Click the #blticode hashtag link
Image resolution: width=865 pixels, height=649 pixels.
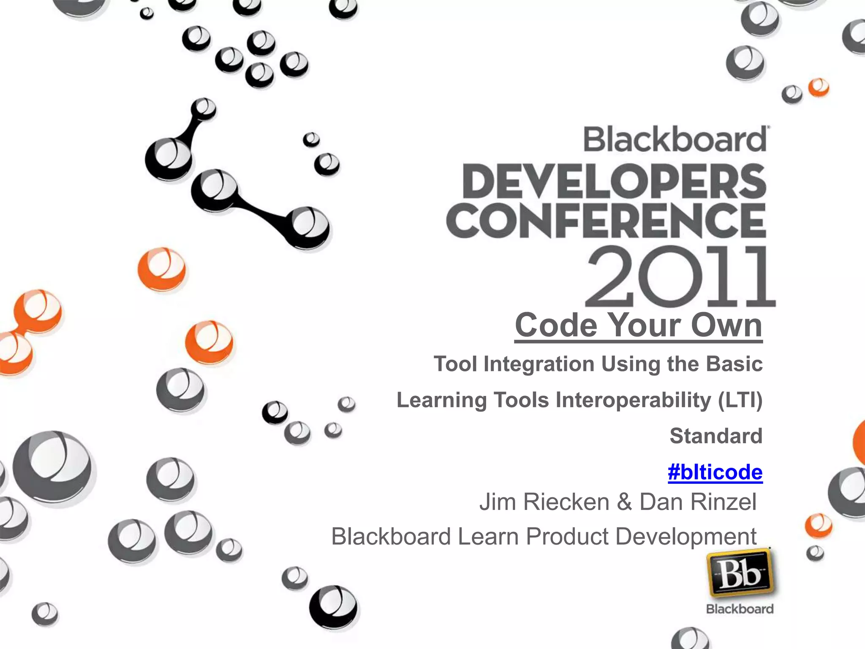(x=715, y=472)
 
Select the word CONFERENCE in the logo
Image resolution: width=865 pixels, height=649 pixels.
(x=606, y=221)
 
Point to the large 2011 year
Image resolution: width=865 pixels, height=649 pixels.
(x=680, y=277)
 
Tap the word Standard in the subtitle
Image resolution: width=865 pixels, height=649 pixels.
(x=716, y=436)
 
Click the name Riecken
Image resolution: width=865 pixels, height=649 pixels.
(x=566, y=502)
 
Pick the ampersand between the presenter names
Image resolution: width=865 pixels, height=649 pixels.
(x=624, y=502)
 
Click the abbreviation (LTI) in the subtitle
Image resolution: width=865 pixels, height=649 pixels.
(x=740, y=400)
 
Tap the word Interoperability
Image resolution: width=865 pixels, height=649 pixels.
(x=633, y=400)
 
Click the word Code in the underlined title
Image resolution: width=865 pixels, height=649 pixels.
(x=556, y=325)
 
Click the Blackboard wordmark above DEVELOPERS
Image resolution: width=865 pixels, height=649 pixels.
(x=675, y=139)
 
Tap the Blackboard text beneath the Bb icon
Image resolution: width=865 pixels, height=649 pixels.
(x=740, y=609)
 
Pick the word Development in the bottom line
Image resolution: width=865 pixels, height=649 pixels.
(x=686, y=537)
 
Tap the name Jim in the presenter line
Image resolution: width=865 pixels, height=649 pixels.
(x=498, y=502)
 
